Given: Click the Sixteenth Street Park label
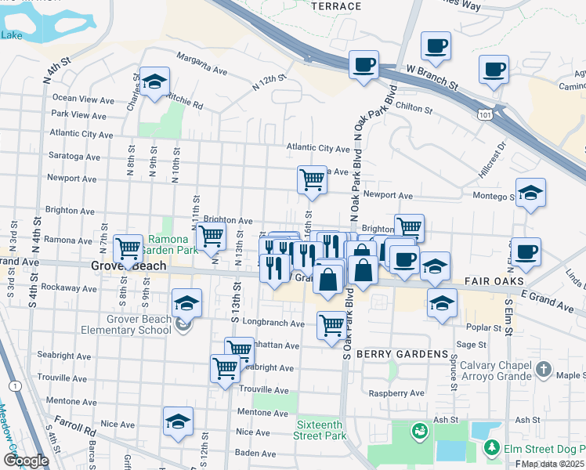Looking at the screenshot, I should (320, 429).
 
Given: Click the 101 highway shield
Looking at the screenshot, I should (484, 116).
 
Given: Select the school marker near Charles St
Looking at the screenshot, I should (155, 81).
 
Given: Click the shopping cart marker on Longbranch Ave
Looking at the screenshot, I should (331, 324).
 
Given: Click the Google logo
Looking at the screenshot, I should (26, 460).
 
